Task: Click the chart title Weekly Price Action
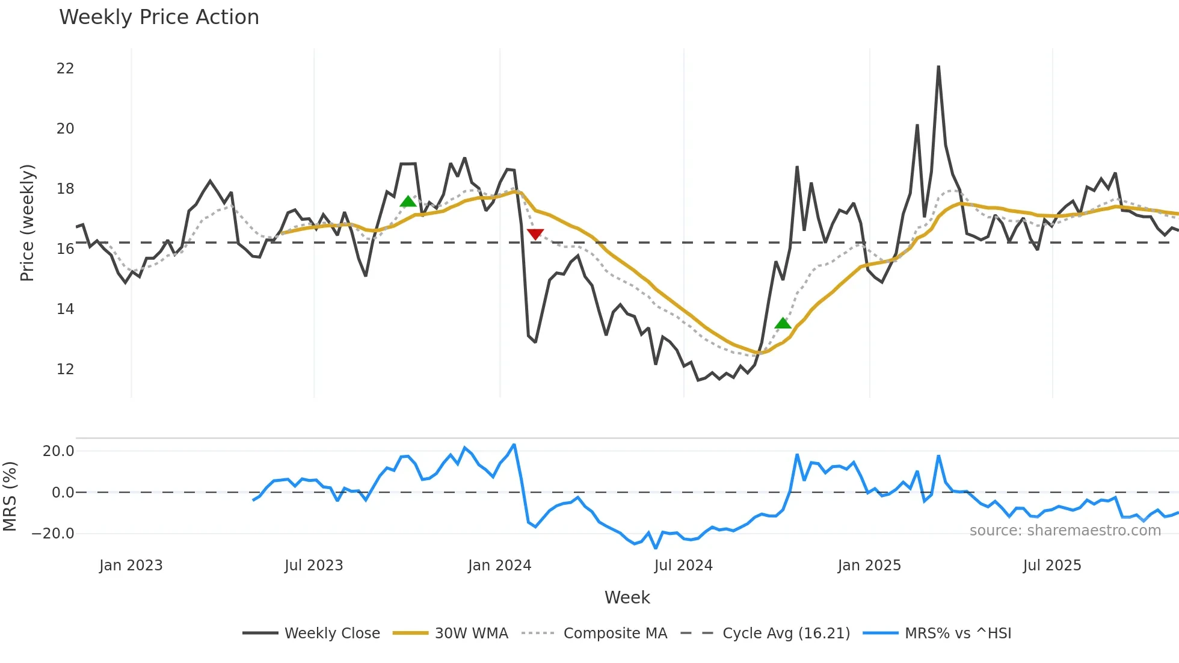(159, 17)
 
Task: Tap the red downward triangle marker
(535, 234)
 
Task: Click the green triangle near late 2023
(408, 202)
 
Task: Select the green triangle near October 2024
(783, 324)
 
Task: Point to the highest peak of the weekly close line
(938, 67)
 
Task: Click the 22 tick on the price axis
(65, 69)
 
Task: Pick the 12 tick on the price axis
(65, 369)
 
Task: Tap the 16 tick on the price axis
(65, 249)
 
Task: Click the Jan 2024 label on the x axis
(499, 566)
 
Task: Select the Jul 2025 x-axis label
(1051, 566)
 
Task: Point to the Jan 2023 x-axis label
(131, 566)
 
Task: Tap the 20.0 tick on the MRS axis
(58, 451)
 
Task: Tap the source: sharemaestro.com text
(1065, 531)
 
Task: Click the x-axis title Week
(627, 597)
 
